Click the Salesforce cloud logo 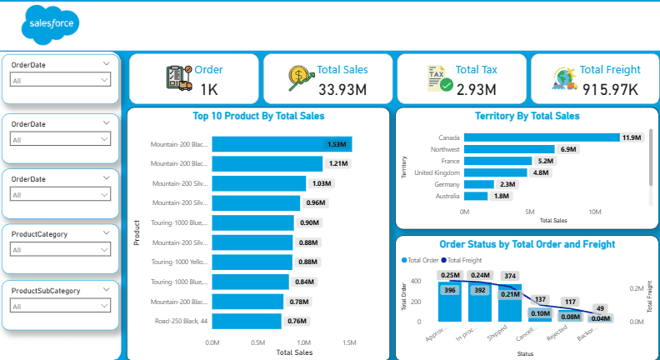pos(51,23)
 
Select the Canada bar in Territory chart pos(542,137)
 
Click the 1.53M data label pos(337,144)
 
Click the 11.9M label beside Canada pos(631,137)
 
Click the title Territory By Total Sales pos(526,117)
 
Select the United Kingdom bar pos(495,172)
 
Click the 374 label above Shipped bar pos(510,276)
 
